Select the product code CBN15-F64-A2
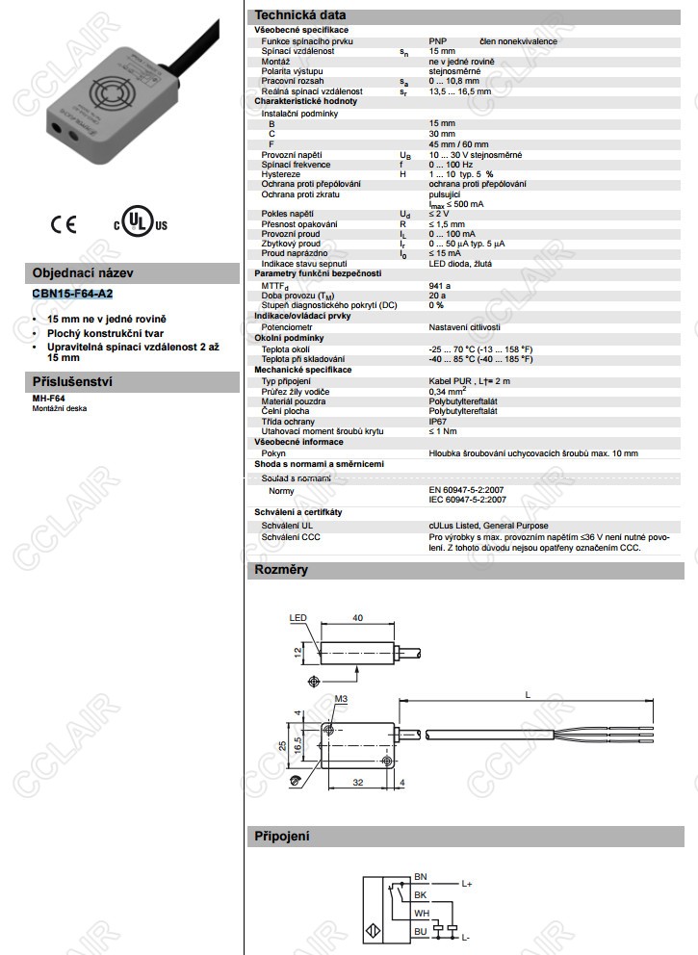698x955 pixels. pyautogui.click(x=72, y=293)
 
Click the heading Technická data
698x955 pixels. pyautogui.click(x=297, y=14)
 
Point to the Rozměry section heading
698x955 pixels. pyautogui.click(x=280, y=571)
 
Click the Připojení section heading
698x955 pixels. pyautogui.click(x=281, y=836)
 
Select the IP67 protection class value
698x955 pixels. pyautogui.click(x=438, y=422)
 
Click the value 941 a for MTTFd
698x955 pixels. pyautogui.click(x=440, y=286)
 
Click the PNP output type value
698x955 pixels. pyautogui.click(x=439, y=41)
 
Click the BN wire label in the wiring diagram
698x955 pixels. pyautogui.click(x=420, y=874)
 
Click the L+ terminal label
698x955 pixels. pyautogui.click(x=467, y=883)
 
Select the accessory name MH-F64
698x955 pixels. pyautogui.click(x=48, y=398)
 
